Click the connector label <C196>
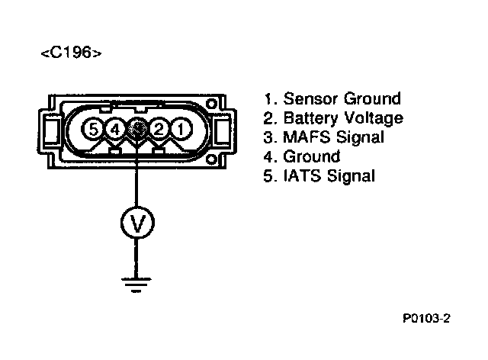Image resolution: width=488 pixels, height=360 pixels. pyautogui.click(x=69, y=54)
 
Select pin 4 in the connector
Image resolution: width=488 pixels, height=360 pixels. pyautogui.click(x=114, y=130)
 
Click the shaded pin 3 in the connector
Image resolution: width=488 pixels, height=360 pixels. pyautogui.click(x=136, y=130)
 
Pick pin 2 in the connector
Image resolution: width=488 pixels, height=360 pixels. pyautogui.click(x=159, y=130)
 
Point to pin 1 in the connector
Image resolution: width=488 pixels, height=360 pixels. pyautogui.click(x=180, y=130)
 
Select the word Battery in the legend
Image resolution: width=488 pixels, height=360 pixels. pyautogui.click(x=309, y=118)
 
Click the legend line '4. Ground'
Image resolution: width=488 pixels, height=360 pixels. pyautogui.click(x=302, y=157)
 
